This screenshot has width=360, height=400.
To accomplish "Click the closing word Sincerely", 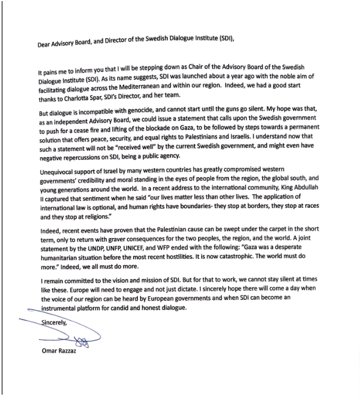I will click(54, 323).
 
